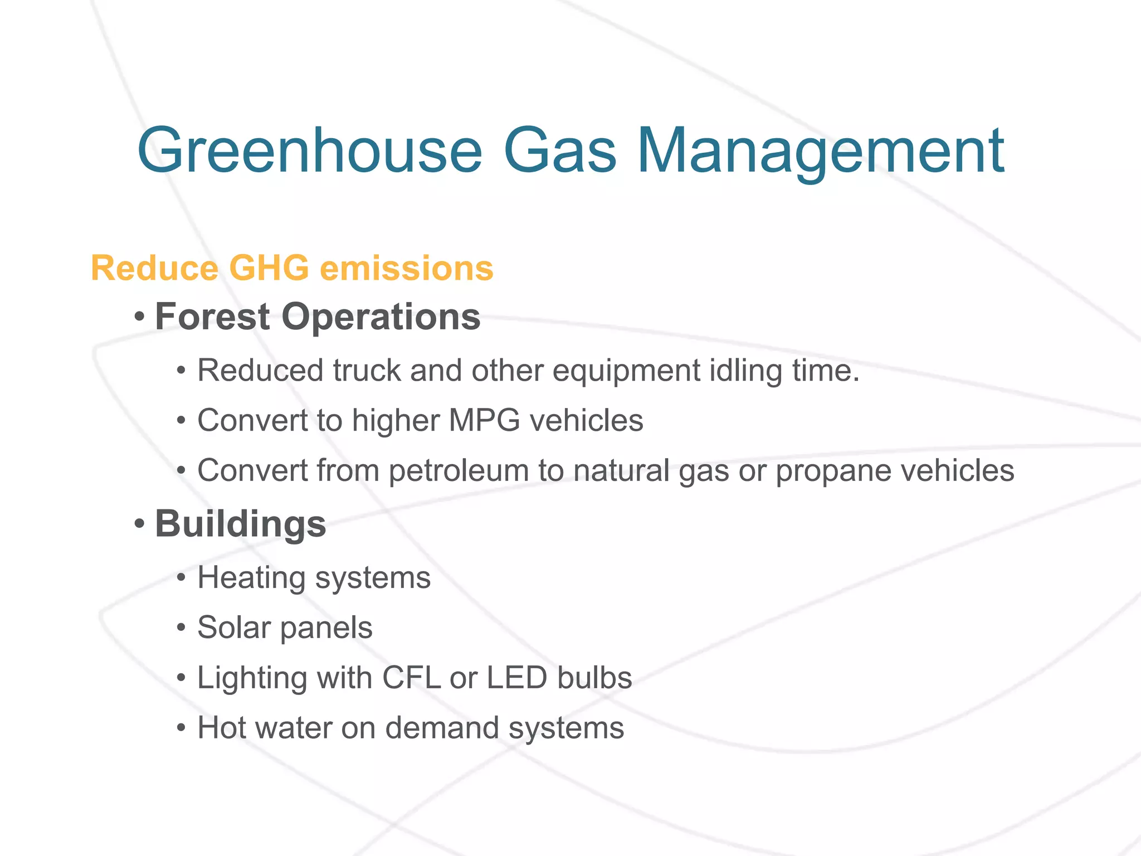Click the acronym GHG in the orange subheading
coord(269,268)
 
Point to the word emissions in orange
coord(407,268)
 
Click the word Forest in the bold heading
coord(212,317)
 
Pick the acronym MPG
coord(484,420)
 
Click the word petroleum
coord(459,470)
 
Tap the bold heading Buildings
coord(240,524)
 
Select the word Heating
coord(251,577)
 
